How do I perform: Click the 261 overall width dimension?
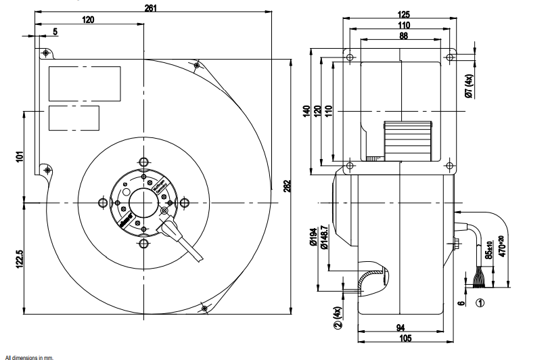click(x=152, y=7)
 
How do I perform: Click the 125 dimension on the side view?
click(x=404, y=14)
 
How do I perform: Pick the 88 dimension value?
click(x=403, y=37)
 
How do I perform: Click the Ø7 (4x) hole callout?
click(x=468, y=87)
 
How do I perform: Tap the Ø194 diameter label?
click(x=313, y=237)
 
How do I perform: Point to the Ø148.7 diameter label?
click(x=325, y=237)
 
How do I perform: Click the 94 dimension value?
click(x=401, y=328)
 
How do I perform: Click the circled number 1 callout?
click(x=480, y=303)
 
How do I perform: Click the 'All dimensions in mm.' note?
click(x=28, y=356)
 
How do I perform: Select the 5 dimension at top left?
click(x=55, y=31)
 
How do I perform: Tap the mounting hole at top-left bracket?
click(x=45, y=52)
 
